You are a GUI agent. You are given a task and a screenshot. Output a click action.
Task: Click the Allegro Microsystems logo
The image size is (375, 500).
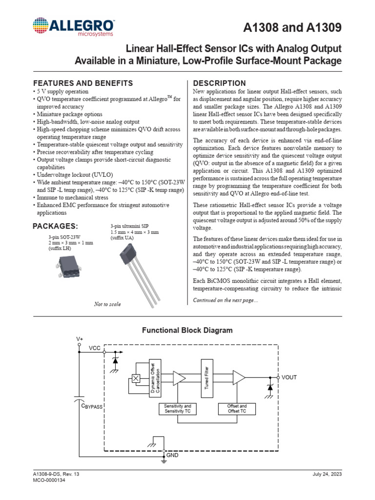click(x=74, y=27)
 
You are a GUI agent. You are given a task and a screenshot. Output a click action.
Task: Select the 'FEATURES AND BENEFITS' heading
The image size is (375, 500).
click(x=83, y=83)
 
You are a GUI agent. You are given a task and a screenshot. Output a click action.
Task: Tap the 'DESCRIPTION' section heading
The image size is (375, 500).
click(x=220, y=83)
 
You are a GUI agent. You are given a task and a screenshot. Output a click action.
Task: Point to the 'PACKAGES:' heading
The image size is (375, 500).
click(x=55, y=226)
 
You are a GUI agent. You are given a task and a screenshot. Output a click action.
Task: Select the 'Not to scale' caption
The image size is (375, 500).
click(x=107, y=304)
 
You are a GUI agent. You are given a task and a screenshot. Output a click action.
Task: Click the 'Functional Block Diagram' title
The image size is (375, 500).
click(x=187, y=330)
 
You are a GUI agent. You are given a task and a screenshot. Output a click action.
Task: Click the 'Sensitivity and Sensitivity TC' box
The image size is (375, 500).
click(x=177, y=409)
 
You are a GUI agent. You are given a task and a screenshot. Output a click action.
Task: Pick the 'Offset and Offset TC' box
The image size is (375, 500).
click(x=237, y=409)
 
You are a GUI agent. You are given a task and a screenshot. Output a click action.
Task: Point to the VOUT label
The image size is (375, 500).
click(x=289, y=377)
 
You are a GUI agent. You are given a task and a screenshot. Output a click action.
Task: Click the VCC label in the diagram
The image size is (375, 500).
click(x=95, y=348)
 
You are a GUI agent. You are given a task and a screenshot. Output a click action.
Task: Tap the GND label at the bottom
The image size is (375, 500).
click(x=173, y=455)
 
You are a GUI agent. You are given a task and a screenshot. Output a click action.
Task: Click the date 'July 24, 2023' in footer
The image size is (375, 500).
click(x=329, y=475)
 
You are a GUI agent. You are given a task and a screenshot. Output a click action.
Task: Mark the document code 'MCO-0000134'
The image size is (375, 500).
click(x=49, y=480)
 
